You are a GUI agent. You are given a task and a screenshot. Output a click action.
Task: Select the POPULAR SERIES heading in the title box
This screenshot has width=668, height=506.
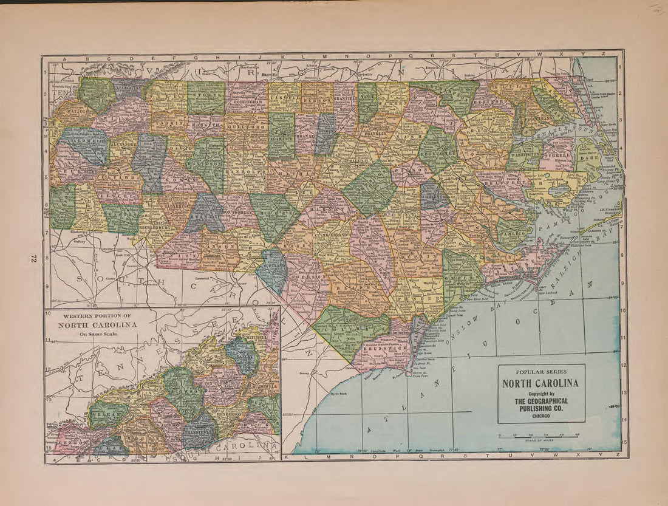pos(541,372)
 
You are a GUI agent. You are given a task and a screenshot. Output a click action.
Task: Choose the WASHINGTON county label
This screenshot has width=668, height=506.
pos(524,155)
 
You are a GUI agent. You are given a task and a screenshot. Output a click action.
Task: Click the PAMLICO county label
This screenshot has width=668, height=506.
pos(514,232)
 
